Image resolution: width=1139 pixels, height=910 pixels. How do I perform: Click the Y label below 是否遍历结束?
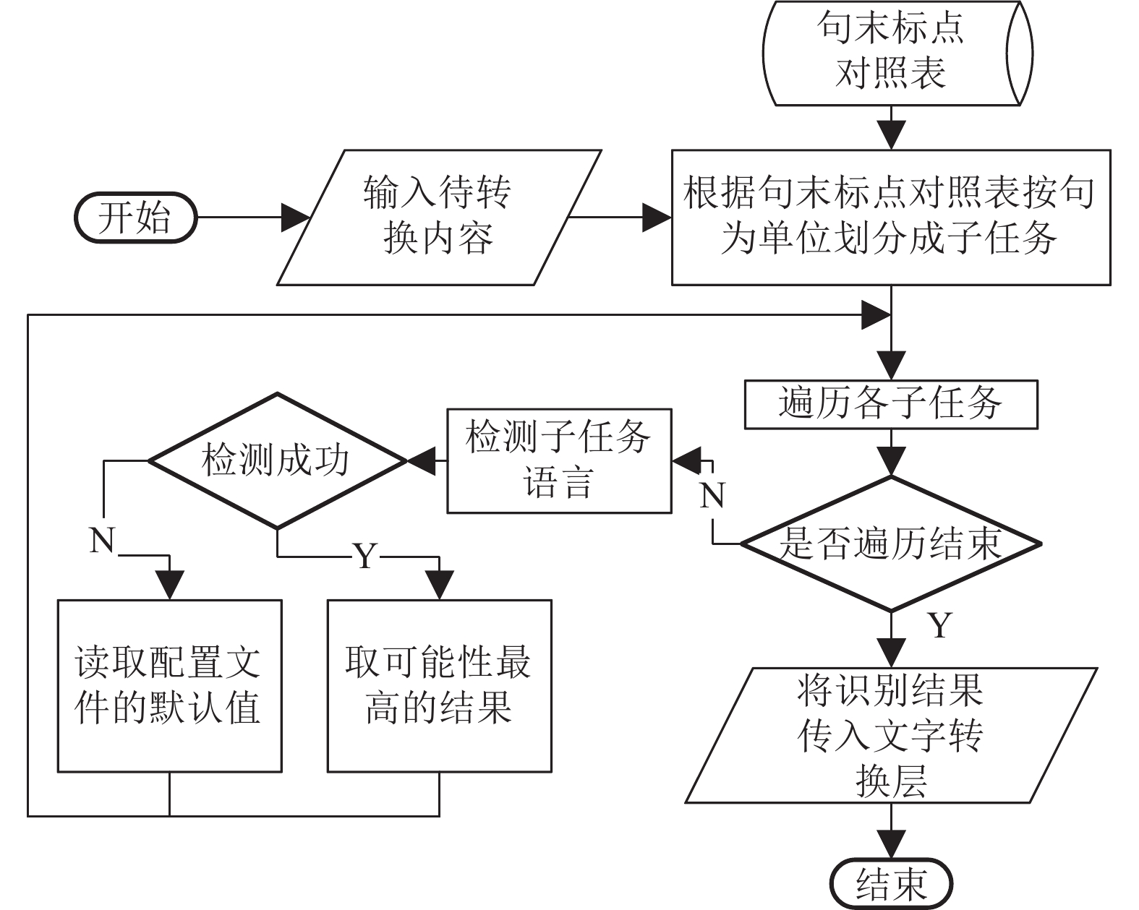click(x=940, y=625)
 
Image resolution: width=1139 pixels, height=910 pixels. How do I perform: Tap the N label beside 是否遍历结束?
click(x=712, y=496)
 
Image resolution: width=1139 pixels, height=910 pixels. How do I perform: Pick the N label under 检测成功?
click(x=102, y=541)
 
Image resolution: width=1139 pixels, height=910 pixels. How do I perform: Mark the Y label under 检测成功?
click(x=365, y=556)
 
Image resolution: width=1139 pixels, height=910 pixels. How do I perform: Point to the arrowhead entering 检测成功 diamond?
click(x=422, y=461)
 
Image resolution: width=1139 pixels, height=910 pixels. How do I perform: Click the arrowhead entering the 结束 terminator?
click(x=891, y=844)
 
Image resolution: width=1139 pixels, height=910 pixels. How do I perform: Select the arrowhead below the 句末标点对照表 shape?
click(x=891, y=135)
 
